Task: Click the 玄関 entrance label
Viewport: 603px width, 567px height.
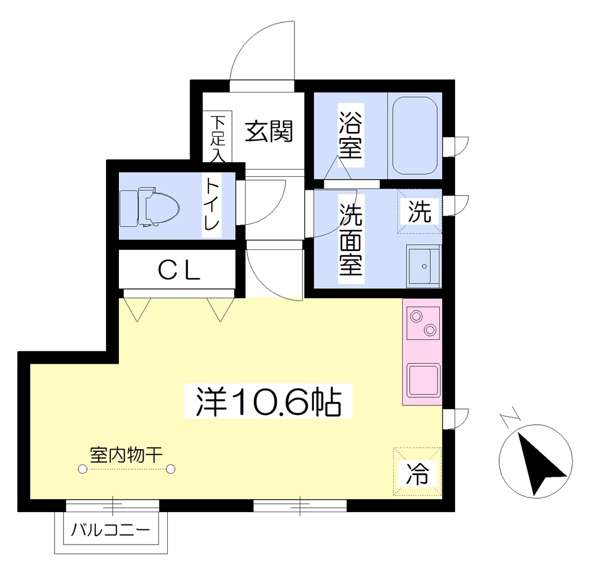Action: coord(269,131)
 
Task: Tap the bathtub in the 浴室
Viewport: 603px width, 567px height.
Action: coord(415,136)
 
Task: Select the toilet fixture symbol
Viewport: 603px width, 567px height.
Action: coord(150,207)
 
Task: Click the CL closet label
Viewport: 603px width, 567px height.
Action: coord(179,270)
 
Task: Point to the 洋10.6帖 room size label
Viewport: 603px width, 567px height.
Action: coord(269,401)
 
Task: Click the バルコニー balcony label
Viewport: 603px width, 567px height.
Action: coord(110,530)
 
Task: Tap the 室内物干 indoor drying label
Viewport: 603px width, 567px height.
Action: coord(126,454)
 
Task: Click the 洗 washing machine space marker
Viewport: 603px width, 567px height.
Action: coord(419,211)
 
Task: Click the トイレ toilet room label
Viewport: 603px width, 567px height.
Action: coord(212,204)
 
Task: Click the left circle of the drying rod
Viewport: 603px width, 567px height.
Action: coord(82,469)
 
